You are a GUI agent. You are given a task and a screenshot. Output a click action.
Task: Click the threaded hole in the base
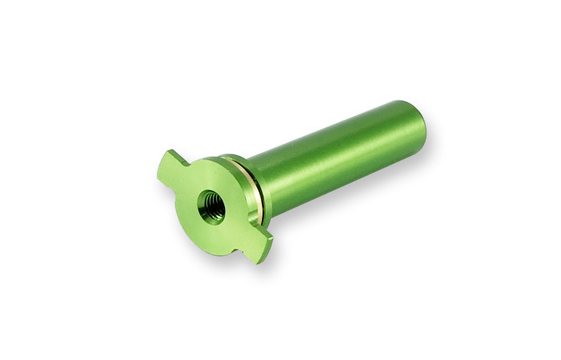click(x=212, y=207)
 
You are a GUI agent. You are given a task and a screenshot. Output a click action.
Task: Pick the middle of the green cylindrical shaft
click(x=337, y=159)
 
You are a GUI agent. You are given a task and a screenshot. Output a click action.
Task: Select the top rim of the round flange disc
click(x=211, y=161)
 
